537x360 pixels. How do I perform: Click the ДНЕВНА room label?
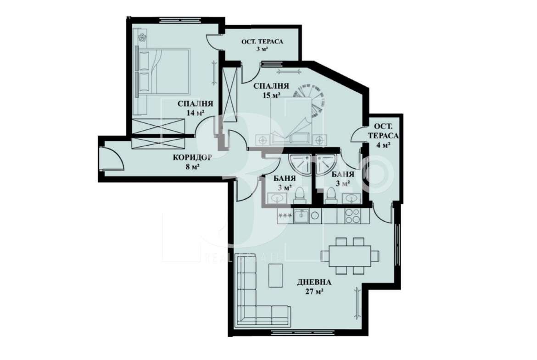coord(314,282)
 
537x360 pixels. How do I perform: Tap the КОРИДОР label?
coord(192,157)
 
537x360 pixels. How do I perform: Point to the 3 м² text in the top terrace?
coord(262,49)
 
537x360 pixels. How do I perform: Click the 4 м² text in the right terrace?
coord(384,145)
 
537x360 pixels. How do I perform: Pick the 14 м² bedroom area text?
coord(195,113)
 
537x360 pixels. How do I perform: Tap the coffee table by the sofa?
coord(276,276)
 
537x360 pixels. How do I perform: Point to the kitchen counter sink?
coord(302,216)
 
